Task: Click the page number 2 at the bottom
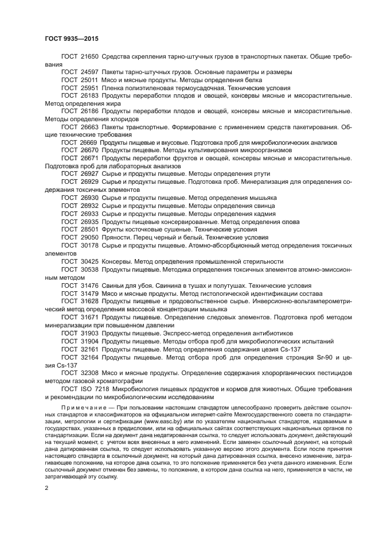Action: pos(46,488)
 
